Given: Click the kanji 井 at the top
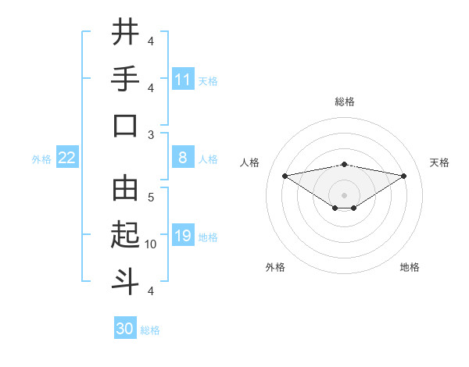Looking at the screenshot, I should tap(125, 33).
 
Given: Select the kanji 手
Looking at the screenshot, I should tap(125, 79).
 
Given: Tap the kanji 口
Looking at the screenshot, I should tap(125, 126).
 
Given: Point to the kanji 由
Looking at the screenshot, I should tap(125, 189).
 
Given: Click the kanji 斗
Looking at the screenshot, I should tap(125, 282).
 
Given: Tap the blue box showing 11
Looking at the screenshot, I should tap(182, 79).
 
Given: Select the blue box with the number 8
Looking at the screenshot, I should tap(182, 158).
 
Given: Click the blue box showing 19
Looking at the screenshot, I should tap(182, 236).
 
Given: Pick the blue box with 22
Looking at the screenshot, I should tap(67, 158).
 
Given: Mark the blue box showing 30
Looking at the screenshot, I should tap(125, 329).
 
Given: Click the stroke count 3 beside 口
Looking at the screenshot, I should tap(151, 134).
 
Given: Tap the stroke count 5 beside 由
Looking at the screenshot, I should tap(151, 198).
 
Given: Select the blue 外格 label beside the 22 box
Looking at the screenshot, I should tap(41, 159).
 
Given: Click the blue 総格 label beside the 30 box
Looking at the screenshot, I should tap(150, 330).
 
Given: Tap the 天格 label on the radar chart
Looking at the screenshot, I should tap(439, 162).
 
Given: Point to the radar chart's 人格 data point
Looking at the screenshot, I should tap(285, 175).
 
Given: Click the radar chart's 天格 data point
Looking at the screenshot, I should tap(404, 176).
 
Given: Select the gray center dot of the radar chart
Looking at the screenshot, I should tap(344, 194).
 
